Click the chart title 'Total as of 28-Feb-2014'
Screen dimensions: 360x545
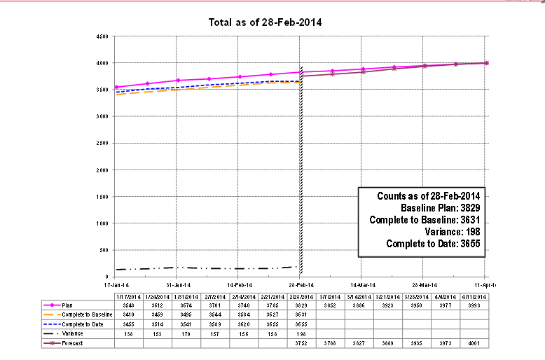265,22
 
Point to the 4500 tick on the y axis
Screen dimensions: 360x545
102,36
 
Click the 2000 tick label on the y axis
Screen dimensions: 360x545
102,170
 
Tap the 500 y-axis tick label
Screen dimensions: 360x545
104,250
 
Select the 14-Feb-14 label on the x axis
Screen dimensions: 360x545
240,285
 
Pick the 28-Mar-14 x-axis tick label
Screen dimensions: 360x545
423,285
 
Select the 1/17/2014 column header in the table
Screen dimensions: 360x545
128,296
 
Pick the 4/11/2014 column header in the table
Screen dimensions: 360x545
473,296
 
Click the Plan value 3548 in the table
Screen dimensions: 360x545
128,305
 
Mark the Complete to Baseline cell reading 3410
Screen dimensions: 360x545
128,315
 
